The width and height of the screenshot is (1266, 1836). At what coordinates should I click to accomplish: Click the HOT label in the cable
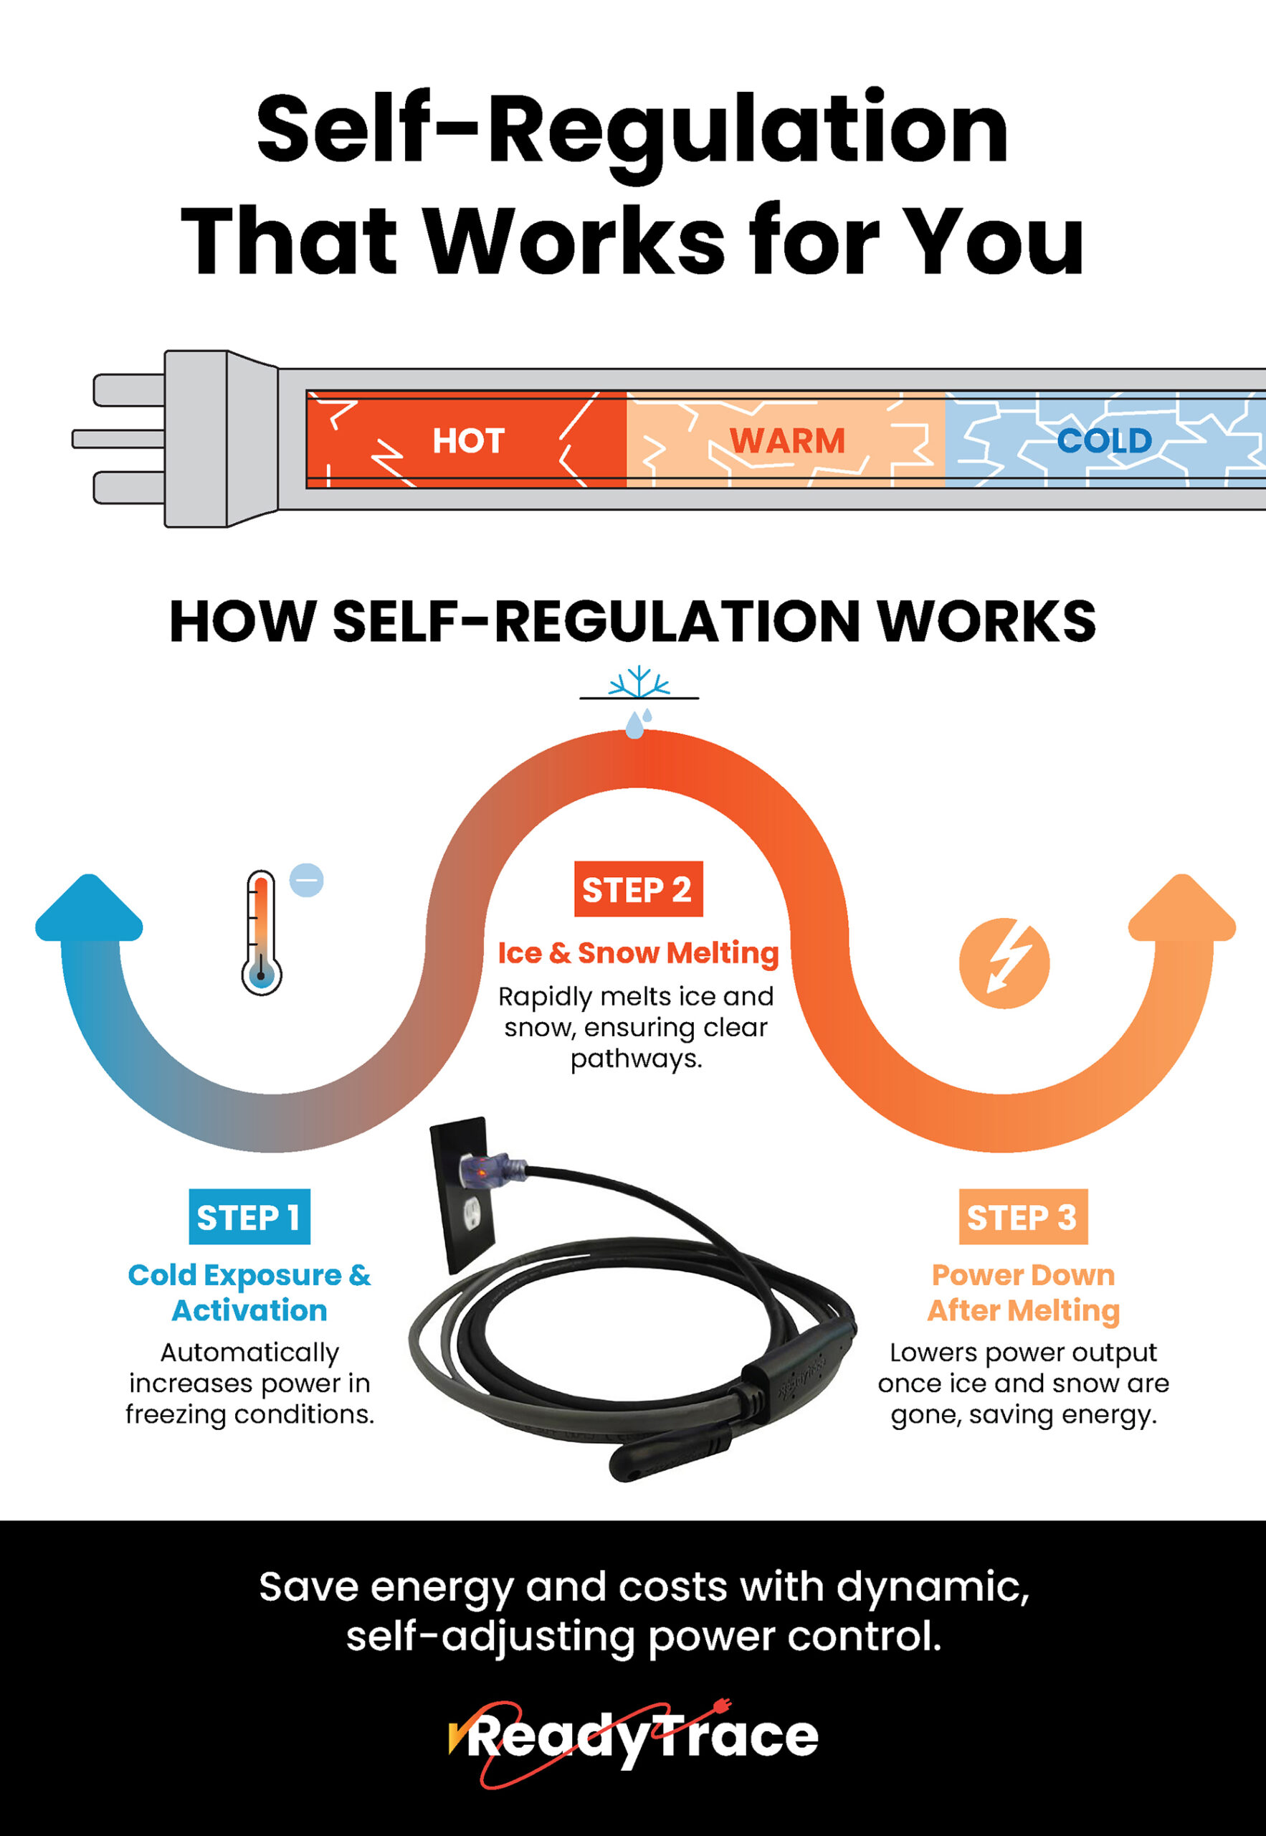tap(468, 440)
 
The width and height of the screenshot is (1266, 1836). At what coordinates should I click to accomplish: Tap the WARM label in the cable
tap(787, 440)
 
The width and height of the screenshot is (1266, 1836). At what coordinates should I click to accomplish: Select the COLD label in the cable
tap(1104, 440)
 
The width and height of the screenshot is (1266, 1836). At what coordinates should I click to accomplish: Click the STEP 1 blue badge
tap(249, 1216)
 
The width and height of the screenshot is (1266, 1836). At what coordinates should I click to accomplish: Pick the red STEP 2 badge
tap(638, 889)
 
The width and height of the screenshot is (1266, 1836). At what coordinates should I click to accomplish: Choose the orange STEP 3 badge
tap(1022, 1216)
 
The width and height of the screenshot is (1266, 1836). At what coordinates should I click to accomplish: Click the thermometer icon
tap(261, 932)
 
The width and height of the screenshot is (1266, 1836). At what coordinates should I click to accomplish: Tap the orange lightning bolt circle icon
tap(1004, 963)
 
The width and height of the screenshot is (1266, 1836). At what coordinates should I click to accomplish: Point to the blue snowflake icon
tap(639, 682)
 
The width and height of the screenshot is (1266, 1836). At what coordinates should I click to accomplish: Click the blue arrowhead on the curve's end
tap(89, 908)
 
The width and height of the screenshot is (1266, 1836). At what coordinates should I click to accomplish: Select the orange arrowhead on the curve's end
tap(1182, 908)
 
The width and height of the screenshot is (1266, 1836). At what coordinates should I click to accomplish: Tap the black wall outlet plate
tap(463, 1194)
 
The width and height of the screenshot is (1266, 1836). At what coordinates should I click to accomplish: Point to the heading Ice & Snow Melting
tap(639, 953)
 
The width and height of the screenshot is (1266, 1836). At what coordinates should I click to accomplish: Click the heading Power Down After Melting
tap(1023, 1292)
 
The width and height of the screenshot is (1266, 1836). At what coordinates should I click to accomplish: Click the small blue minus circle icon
tap(306, 880)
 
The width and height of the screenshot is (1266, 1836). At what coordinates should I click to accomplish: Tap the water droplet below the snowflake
tap(634, 724)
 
